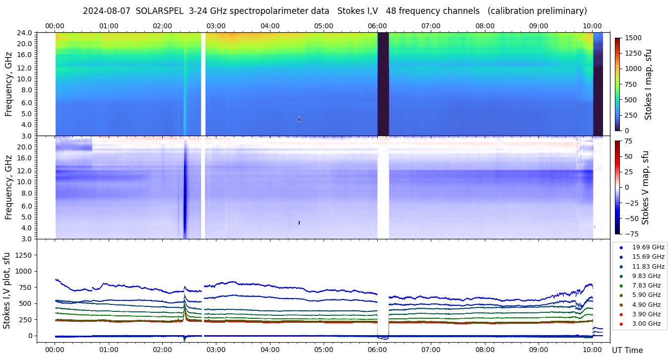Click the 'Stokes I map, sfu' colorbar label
coord(648,84)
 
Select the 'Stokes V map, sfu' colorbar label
coord(645,187)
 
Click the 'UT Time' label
coord(627,350)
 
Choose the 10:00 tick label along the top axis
coord(592,26)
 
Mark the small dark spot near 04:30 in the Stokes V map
coord(299,222)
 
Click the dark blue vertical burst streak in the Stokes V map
coord(185,194)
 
